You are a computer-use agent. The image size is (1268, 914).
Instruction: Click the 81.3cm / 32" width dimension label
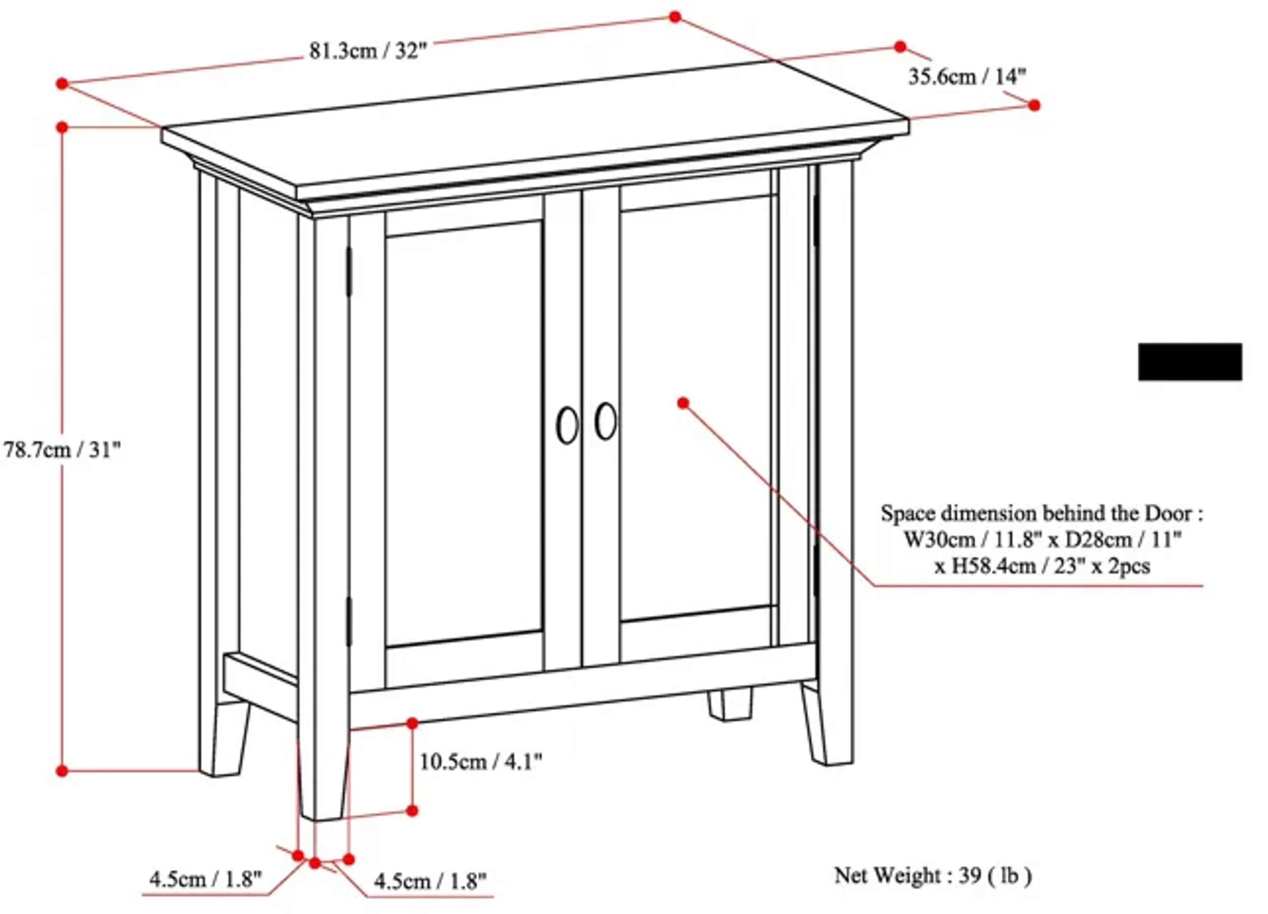[x=368, y=52]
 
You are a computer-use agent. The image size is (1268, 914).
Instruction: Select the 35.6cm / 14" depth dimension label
[x=967, y=77]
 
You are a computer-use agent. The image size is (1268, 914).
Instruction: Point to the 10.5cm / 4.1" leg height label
[x=481, y=762]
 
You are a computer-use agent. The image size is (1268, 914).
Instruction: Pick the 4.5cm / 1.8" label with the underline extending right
[x=431, y=882]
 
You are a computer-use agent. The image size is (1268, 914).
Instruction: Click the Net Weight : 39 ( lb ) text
[x=933, y=875]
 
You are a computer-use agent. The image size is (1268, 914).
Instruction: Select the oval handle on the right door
[x=606, y=421]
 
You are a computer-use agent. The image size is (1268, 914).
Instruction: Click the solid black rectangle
[x=1190, y=362]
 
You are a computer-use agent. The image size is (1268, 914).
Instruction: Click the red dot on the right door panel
[x=683, y=403]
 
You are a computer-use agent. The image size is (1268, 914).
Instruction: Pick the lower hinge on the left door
[x=349, y=621]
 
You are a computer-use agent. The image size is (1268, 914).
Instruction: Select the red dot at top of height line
[x=62, y=128]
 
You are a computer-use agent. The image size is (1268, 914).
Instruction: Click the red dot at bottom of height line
[x=62, y=771]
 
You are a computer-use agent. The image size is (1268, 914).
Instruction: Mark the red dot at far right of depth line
[x=1034, y=105]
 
